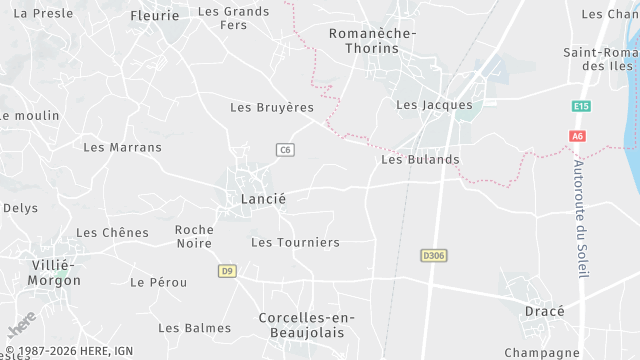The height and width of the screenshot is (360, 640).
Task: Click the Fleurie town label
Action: (155, 16)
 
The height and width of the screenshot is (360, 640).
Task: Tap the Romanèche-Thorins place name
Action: (372, 40)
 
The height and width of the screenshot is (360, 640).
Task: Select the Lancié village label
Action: (263, 199)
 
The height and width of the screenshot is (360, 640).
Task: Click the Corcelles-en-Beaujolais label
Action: (301, 324)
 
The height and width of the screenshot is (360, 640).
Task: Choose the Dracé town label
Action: (544, 311)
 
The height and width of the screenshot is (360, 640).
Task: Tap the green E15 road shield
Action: (581, 106)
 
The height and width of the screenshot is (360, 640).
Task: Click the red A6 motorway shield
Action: (577, 136)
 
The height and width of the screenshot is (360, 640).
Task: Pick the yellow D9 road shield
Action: (227, 271)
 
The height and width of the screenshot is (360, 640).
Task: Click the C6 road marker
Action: (285, 150)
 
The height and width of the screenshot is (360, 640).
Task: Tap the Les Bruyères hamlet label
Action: (272, 107)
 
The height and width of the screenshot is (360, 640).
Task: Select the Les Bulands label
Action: (420, 159)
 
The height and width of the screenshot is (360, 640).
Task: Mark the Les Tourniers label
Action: (295, 242)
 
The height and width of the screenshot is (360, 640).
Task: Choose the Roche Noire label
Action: (194, 236)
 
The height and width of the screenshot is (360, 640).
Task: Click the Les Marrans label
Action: (122, 147)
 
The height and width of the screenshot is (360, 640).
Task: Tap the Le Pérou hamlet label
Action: (158, 282)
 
